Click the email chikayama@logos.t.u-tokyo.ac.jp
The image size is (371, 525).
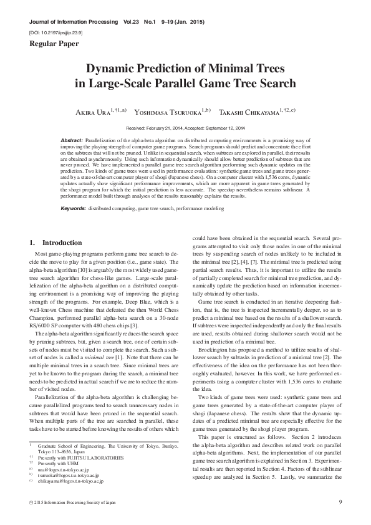[72, 481]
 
